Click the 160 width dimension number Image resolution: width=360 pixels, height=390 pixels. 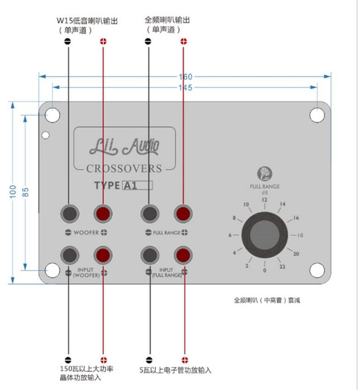point(186,76)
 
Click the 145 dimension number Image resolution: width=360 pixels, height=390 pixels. point(185,88)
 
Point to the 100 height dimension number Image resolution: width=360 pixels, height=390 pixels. point(13,191)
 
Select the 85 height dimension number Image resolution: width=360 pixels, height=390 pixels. point(25,192)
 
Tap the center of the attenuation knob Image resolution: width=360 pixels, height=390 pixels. point(265,235)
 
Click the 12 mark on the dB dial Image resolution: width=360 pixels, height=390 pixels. point(264,200)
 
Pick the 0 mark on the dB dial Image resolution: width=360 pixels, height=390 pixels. point(265,271)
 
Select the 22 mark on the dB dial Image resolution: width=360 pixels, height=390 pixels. point(282,267)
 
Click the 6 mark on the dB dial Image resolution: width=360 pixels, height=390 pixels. point(230,235)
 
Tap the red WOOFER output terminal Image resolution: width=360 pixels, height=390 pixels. point(103,214)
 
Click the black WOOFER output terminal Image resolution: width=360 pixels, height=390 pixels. point(70,214)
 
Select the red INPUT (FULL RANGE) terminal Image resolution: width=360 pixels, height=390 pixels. point(183,255)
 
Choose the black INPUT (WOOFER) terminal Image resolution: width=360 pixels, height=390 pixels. point(70,255)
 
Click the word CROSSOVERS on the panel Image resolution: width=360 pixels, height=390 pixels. point(124,168)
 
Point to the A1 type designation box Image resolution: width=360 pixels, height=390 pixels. point(137,186)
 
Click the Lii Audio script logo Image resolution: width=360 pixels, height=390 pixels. point(124,146)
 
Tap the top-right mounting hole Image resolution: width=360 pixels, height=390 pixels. point(317,115)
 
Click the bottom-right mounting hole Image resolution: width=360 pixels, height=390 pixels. point(317,270)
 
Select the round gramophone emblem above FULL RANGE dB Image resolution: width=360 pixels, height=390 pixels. point(265,174)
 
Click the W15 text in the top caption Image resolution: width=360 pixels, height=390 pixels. point(65,21)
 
